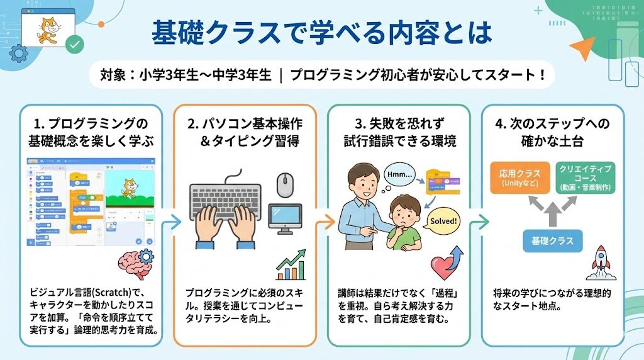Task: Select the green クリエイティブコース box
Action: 585,177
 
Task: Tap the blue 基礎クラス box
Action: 552,240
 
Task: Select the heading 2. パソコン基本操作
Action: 244,124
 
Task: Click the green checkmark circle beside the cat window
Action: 75,44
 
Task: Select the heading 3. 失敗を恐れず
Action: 399,124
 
